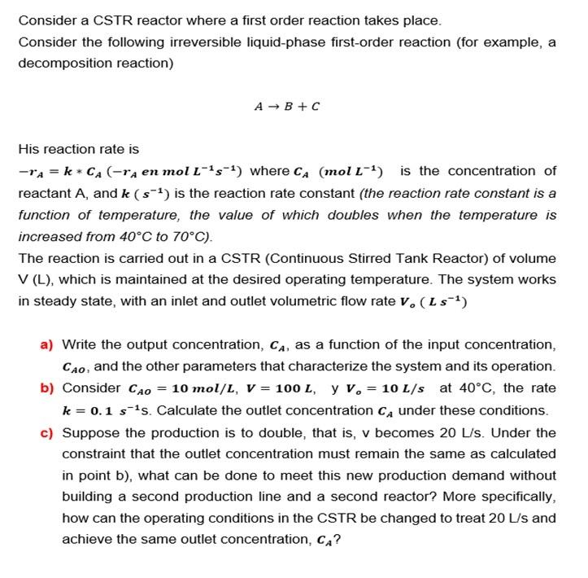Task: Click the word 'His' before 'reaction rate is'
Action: coord(29,149)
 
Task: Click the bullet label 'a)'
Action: coord(48,344)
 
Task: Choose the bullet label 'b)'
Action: coord(48,388)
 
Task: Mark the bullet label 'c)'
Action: coord(48,432)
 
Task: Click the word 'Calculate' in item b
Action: coord(182,410)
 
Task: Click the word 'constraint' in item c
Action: coord(93,453)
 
